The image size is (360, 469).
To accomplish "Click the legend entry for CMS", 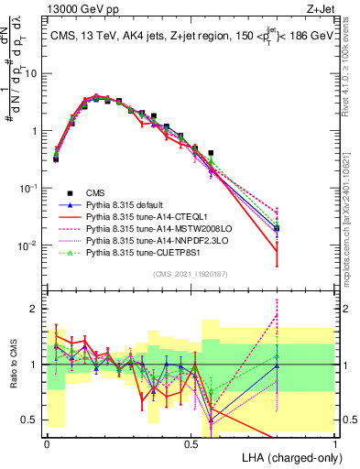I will pyautogui.click(x=94, y=193).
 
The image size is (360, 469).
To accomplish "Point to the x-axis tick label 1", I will pyautogui.click(x=335, y=442).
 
